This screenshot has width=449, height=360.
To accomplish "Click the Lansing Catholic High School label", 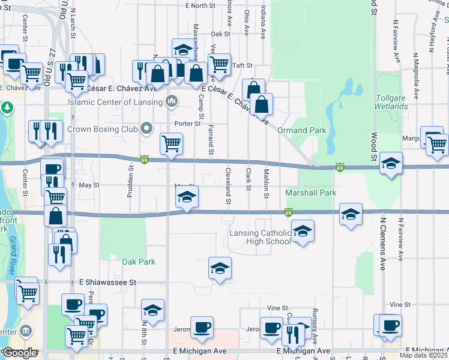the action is click(x=259, y=237).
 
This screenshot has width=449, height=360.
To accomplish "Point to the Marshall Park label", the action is click(x=310, y=193).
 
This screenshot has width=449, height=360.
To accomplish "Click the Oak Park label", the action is click(x=139, y=262).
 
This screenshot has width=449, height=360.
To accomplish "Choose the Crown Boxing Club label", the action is click(x=103, y=128).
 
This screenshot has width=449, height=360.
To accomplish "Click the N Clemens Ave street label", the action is click(x=382, y=244).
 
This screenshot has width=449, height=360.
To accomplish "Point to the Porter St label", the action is click(x=187, y=124).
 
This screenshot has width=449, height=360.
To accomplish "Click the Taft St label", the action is click(x=243, y=65).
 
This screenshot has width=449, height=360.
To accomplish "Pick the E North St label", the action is click(x=200, y=5).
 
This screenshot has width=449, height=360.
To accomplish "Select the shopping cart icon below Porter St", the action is click(x=172, y=144).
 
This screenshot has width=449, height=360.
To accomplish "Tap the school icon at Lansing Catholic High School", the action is click(x=303, y=231).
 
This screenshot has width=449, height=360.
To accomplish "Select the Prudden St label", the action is click(x=130, y=175).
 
